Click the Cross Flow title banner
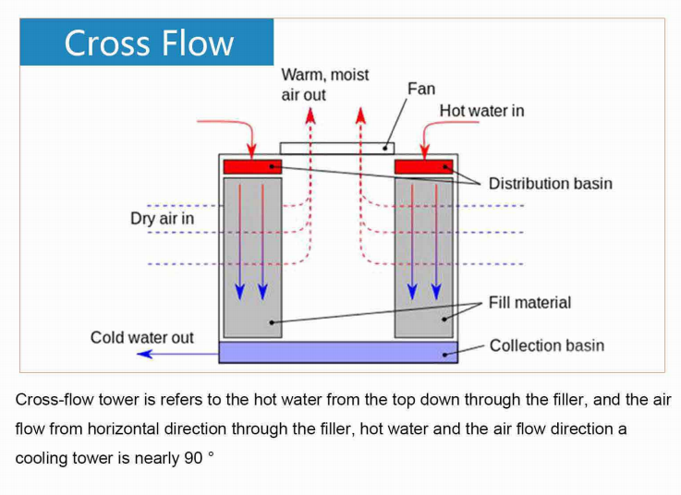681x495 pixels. click(x=148, y=42)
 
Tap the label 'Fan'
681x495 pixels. click(x=420, y=89)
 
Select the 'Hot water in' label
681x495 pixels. click(x=481, y=111)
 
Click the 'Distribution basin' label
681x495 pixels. click(x=550, y=183)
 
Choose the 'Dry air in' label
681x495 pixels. click(x=162, y=219)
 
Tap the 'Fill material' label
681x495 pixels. click(x=529, y=302)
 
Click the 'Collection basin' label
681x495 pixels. click(x=546, y=345)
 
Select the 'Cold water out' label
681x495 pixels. click(x=141, y=337)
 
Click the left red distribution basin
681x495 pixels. click(x=252, y=166)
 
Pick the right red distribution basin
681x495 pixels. click(x=424, y=166)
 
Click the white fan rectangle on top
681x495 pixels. click(x=336, y=147)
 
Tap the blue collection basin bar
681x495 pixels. click(x=338, y=352)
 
